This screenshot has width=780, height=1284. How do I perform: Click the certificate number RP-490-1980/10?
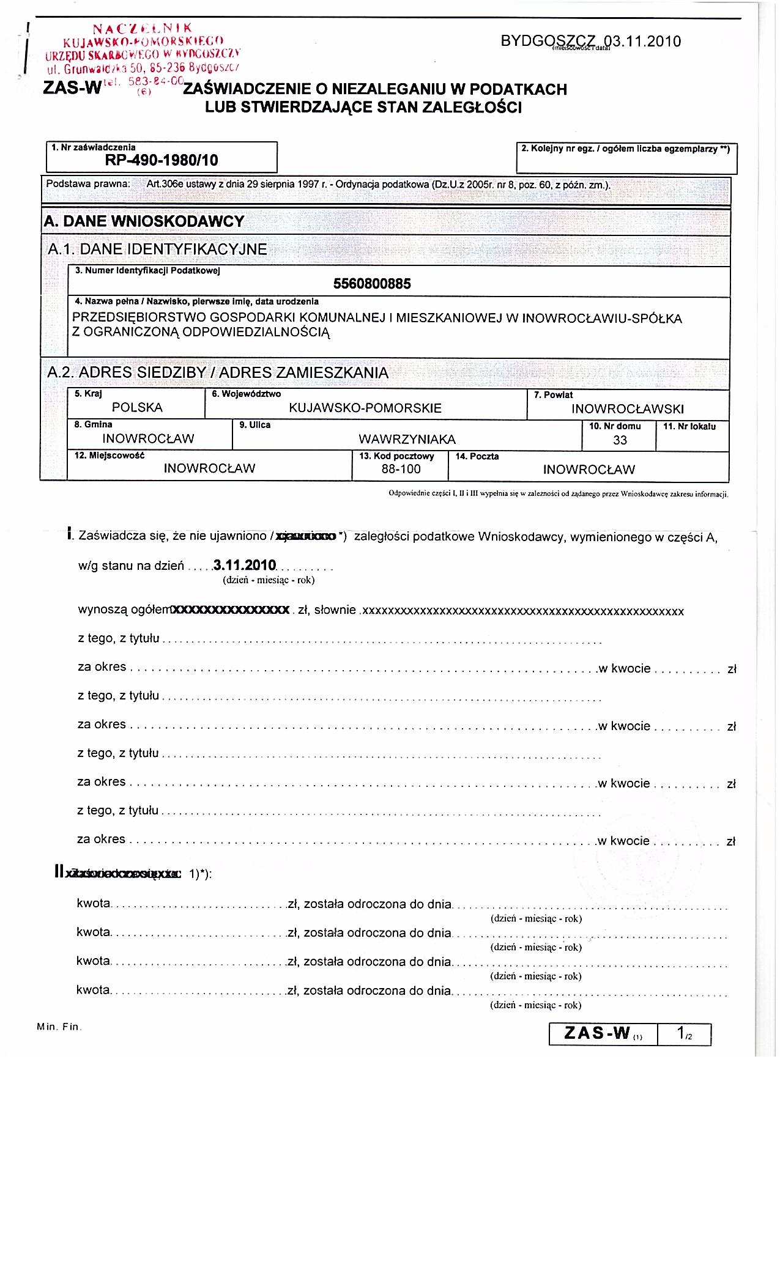click(162, 160)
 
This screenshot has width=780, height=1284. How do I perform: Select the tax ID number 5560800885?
click(372, 284)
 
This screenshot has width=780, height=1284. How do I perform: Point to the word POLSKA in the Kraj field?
click(137, 408)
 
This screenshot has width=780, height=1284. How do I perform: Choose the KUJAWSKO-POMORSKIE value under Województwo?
click(365, 408)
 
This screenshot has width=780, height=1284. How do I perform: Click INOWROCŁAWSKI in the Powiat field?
click(628, 409)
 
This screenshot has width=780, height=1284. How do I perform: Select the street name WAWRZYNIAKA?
click(407, 439)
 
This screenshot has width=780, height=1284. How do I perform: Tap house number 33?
click(620, 440)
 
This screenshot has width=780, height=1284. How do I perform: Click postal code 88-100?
click(401, 469)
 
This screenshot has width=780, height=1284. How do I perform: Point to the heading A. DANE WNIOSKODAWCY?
click(144, 221)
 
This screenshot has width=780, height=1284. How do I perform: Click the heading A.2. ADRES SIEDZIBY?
click(218, 373)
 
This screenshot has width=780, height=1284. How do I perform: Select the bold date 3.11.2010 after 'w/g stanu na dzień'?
click(245, 565)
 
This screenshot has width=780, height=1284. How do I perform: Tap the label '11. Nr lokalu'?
click(689, 426)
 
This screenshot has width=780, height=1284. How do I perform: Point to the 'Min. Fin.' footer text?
click(58, 1027)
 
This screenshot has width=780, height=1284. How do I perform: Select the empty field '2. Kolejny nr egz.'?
click(626, 162)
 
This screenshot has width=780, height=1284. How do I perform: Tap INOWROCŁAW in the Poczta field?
click(589, 470)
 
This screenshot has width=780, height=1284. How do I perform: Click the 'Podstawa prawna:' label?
click(88, 184)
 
